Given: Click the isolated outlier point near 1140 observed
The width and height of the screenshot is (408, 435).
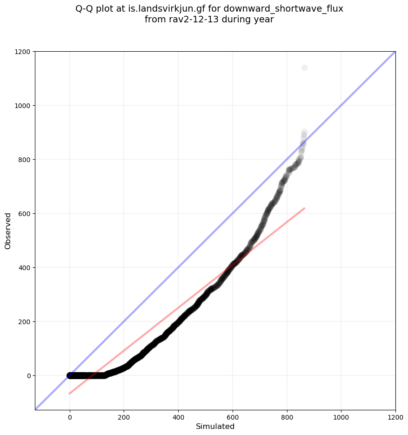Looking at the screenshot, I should tap(304, 68).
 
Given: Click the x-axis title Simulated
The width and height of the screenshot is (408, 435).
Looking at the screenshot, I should tap(215, 427).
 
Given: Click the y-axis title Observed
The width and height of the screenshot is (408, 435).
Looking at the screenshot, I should tap(8, 231).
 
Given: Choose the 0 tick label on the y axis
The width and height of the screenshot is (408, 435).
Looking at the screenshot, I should tap(28, 376).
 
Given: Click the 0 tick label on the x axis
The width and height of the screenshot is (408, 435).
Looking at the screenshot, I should tap(70, 416).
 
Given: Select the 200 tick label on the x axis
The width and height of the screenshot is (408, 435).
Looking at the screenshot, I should tap(124, 416).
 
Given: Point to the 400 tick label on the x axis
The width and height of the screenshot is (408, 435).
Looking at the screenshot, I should tap(178, 416).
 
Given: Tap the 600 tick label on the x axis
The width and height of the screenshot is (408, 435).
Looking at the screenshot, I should tap(233, 416).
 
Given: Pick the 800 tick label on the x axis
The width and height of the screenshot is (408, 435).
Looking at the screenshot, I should tap(287, 416).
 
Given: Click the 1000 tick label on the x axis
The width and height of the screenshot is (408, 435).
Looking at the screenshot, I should tap(341, 416).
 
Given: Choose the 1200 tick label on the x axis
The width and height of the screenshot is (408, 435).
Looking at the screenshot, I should tap(395, 416).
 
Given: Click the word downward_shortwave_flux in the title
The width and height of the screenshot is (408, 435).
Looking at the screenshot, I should tap(283, 8).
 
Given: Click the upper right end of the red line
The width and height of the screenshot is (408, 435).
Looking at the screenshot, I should tap(304, 208).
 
